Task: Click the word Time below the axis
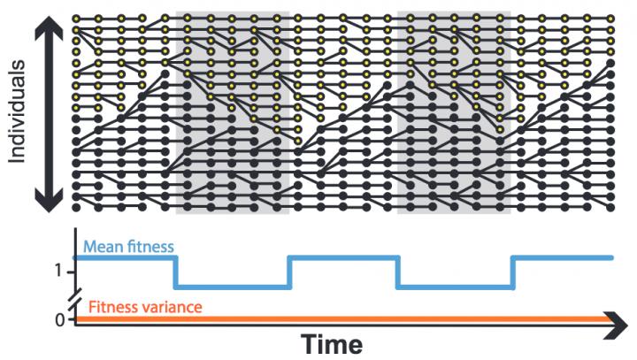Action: coord(331,343)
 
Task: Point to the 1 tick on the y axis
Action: coord(58,271)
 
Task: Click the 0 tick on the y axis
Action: coord(58,319)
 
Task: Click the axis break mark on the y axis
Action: coord(73,297)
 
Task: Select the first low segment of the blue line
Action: coord(233,287)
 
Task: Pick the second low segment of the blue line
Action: coord(456,287)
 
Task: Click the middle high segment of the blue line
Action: coord(344,257)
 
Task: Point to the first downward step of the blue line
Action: coord(177,272)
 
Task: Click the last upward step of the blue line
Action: coord(512,272)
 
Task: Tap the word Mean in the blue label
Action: coord(101,247)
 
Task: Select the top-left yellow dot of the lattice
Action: coord(76,18)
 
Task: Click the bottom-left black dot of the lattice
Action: coord(76,208)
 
